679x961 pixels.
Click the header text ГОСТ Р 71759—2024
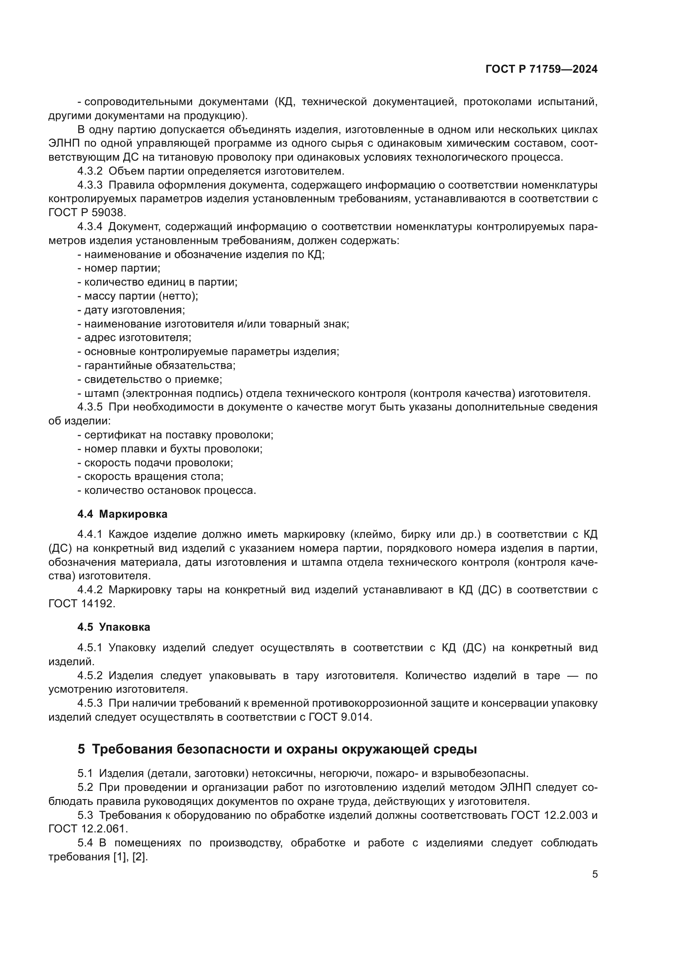(541, 69)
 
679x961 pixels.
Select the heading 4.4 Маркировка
(122, 514)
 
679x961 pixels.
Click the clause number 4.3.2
(89, 171)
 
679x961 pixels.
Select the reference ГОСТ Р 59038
(87, 213)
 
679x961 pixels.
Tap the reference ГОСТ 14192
(82, 604)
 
